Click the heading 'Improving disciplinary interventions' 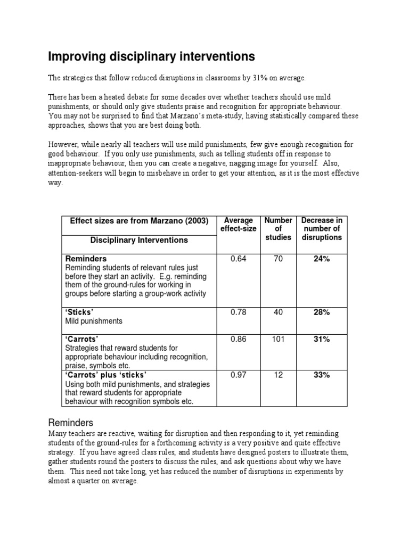[x=152, y=56]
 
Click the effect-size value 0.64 [x=239, y=259]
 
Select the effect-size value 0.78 [x=239, y=312]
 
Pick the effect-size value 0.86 [x=239, y=339]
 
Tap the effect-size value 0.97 [x=239, y=375]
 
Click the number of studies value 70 [x=278, y=259]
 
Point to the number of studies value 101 [x=278, y=339]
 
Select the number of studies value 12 [x=278, y=375]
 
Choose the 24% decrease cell [x=322, y=259]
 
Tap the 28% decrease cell [x=322, y=312]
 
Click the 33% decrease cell [x=322, y=375]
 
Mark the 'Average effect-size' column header [x=239, y=225]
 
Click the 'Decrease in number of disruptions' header [x=322, y=229]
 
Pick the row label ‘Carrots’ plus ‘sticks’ [x=105, y=375]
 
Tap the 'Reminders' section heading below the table [x=71, y=423]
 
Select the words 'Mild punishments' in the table [x=94, y=321]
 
